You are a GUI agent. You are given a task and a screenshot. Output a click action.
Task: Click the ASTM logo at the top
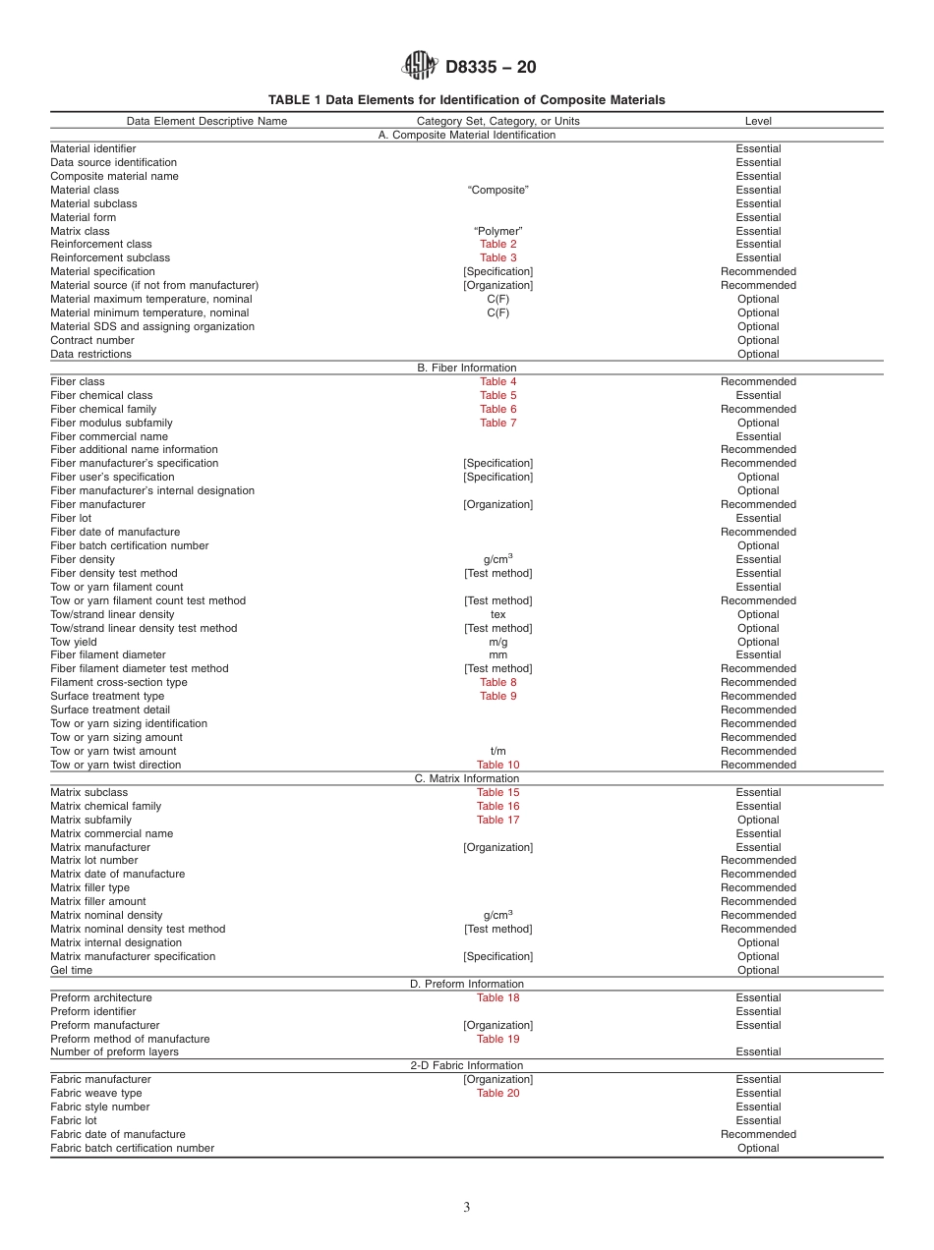coord(419,66)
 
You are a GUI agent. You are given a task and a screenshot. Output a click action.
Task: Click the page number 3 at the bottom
coord(467,1208)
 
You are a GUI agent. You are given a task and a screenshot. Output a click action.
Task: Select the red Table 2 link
coord(497,245)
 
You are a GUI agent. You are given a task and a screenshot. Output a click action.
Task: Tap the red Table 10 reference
coord(497,765)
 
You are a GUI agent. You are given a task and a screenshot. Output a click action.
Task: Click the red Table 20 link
coord(497,1093)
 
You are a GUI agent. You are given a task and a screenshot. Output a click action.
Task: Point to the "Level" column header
coord(758,122)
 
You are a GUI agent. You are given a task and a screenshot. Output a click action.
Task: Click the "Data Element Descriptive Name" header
coord(206,122)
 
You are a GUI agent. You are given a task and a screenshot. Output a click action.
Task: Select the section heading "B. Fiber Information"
coord(467,368)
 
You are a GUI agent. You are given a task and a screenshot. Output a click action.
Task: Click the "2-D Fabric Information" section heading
coord(467,1065)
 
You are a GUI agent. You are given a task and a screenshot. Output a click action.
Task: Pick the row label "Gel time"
coord(72,970)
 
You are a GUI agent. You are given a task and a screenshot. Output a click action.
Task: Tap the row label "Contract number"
coord(92,340)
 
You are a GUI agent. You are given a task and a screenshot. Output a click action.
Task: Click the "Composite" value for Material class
coord(497,190)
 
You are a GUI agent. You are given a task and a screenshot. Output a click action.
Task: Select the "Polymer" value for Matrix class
coord(497,231)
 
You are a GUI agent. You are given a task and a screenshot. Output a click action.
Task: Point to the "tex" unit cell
coord(497,614)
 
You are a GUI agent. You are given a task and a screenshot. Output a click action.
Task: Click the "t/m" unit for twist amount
coord(497,751)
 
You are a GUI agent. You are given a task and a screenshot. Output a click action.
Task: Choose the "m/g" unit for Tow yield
coord(497,642)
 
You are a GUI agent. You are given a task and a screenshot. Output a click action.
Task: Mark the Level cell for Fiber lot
coord(758,518)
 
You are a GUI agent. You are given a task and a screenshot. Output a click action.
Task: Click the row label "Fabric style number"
coord(100,1107)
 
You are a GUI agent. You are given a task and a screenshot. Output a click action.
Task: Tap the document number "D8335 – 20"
coord(491,68)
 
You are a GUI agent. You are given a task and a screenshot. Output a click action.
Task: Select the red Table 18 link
coord(497,997)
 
